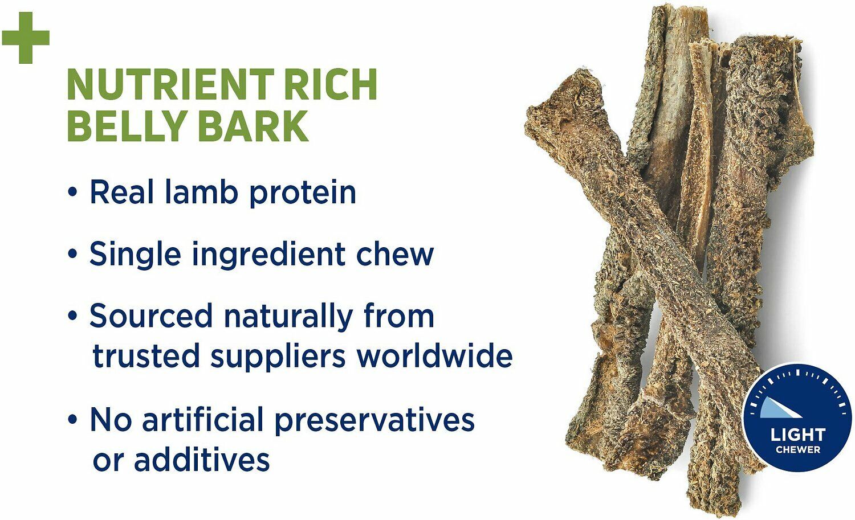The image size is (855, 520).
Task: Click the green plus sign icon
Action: pos(26,38)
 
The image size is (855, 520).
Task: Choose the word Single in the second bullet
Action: pos(136,255)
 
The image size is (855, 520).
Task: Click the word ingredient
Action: pos(268,255)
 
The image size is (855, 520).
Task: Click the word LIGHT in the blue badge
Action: pos(797,435)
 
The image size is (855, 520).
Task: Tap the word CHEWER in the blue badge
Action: pos(797,449)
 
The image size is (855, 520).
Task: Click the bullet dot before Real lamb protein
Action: pos(72,193)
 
